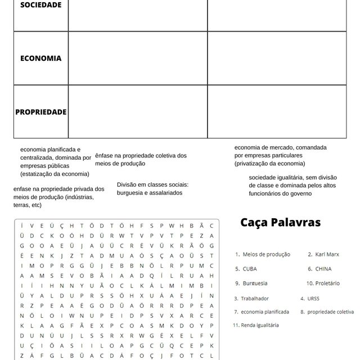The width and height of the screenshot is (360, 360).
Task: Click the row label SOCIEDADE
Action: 40,4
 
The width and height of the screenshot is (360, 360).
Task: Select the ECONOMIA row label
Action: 40,58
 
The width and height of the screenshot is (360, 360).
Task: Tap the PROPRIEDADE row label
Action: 40,112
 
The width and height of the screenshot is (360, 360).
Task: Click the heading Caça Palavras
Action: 280,222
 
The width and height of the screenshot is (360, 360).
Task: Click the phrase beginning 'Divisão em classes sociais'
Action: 152,188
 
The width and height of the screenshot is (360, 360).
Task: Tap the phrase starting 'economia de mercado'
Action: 280,155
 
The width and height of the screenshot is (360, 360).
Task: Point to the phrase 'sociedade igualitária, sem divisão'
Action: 292,185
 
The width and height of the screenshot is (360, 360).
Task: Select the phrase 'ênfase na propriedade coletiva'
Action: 141,159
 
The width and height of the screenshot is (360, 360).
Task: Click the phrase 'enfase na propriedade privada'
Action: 58,197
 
